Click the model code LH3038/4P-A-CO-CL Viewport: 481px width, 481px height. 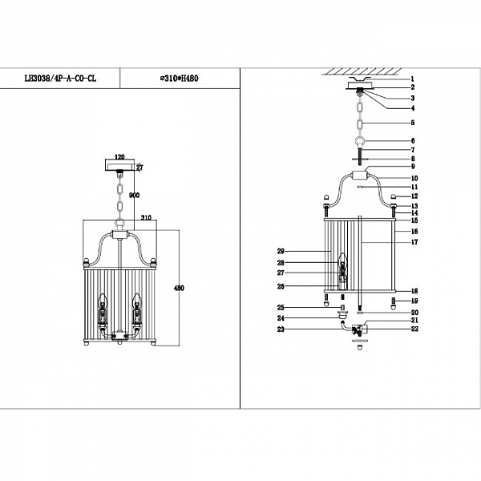[59, 79]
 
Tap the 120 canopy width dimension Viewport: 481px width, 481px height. [120, 158]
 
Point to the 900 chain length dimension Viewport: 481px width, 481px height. [134, 195]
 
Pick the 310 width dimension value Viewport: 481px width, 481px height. [147, 217]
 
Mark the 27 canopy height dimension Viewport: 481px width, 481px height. [139, 168]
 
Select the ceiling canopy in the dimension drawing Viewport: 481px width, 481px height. [120, 166]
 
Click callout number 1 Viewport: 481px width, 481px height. [412, 79]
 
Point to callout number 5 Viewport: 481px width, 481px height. [412, 123]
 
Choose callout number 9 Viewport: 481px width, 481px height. [412, 166]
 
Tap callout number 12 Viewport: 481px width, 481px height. [415, 196]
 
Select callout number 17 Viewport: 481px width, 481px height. [415, 241]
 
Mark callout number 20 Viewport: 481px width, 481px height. [415, 313]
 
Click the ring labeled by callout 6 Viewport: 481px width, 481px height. [361, 141]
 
